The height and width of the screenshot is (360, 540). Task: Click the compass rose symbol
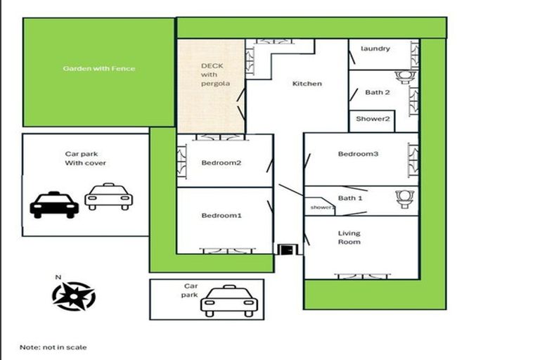coord(73,296)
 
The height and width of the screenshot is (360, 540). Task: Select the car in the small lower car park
coord(228,302)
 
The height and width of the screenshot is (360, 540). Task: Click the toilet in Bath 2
coord(404,77)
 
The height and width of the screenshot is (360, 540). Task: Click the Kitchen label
coord(307,84)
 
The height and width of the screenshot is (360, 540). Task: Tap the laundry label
coord(375,49)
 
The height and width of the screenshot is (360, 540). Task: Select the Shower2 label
coord(372,119)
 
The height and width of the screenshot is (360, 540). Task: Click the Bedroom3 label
coord(358,154)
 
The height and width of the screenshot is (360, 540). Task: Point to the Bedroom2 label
coord(221,163)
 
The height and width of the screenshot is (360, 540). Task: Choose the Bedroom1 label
coord(221,215)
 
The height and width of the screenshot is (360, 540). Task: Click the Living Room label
coord(349,238)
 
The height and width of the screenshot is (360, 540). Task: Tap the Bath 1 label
coord(350,198)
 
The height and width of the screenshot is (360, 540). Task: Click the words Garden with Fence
coord(98,69)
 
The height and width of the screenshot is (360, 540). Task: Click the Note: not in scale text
coord(53,347)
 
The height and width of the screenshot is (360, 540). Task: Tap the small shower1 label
coord(323,207)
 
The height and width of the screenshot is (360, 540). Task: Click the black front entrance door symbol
coord(287,249)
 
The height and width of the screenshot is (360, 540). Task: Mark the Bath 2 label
coord(378,92)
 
